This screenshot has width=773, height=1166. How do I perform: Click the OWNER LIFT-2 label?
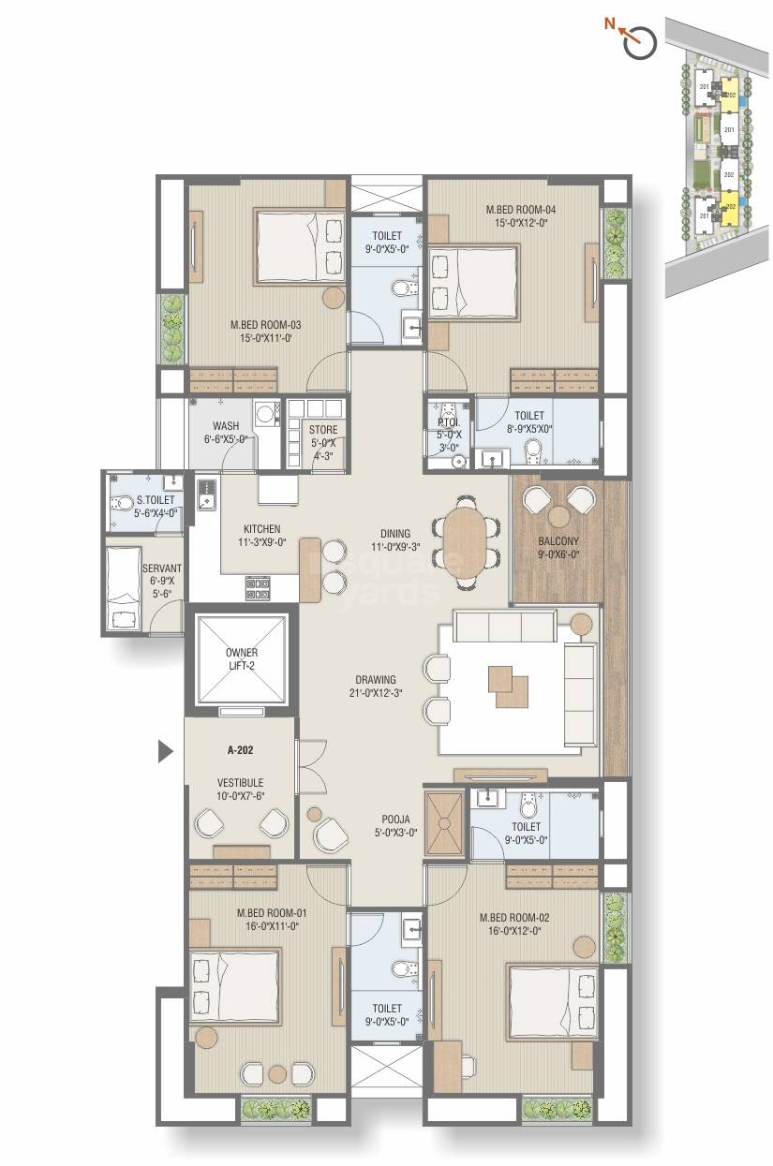coord(241,658)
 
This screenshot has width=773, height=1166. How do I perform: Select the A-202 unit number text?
coord(242,749)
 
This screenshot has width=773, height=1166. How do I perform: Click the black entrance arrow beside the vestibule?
coord(166,750)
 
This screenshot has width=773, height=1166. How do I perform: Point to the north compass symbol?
coord(641,41)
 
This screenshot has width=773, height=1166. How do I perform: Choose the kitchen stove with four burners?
coord(258,587)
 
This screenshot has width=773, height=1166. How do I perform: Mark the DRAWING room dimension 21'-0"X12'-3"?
coord(375,694)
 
